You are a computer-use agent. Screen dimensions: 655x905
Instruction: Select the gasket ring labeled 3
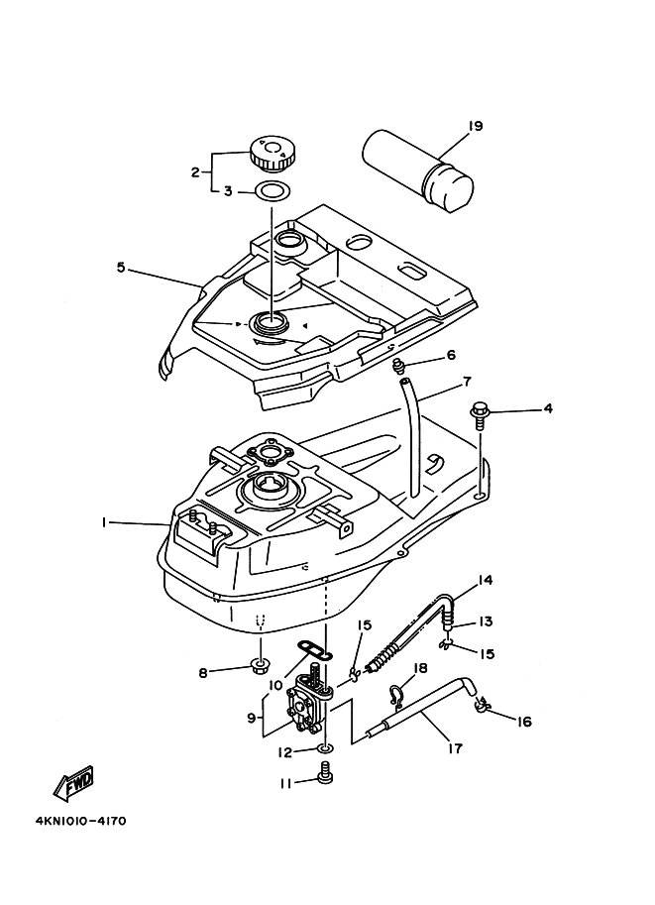point(272,190)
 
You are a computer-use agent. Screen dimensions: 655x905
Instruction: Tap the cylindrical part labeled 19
point(418,170)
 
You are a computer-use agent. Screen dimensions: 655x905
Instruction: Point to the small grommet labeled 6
point(397,365)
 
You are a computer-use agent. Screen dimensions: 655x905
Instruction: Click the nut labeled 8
point(261,668)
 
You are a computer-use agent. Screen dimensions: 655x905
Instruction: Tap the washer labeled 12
point(325,749)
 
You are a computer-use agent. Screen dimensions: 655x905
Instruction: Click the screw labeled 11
point(325,772)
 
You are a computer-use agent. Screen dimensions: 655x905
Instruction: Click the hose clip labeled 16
point(483,705)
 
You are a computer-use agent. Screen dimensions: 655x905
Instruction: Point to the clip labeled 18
point(396,697)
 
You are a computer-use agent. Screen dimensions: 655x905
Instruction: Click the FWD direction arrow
point(73,785)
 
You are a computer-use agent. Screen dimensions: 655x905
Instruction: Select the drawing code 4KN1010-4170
point(80,821)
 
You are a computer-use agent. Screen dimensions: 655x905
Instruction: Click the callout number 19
point(475,126)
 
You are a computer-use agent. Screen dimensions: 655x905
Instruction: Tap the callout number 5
point(121,268)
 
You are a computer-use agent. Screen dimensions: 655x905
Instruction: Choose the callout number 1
point(104,522)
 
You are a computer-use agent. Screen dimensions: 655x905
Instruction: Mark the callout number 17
point(455,748)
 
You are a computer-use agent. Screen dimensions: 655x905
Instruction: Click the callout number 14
point(485,580)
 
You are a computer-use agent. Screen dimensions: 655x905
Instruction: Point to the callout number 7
point(467,382)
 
